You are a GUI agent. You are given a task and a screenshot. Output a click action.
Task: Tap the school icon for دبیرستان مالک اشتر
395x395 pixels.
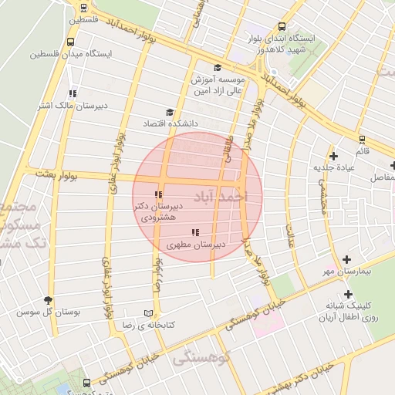(x=73, y=93)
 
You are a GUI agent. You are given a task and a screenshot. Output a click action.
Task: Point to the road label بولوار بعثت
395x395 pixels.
(x=58, y=175)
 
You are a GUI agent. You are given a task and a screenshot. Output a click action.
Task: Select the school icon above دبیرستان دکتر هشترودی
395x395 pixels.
(x=158, y=194)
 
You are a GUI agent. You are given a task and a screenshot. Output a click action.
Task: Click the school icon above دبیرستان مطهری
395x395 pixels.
(x=195, y=232)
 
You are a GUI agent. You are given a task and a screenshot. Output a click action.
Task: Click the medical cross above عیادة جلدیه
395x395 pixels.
(x=333, y=155)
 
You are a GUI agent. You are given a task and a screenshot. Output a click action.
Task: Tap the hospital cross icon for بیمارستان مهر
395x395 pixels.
(x=347, y=260)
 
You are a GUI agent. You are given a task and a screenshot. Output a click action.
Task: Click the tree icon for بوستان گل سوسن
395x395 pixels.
(x=49, y=300)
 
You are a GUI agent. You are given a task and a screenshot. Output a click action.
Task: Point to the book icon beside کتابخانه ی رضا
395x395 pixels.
(x=148, y=313)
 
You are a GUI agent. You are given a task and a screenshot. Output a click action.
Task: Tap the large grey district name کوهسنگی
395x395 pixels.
(x=201, y=356)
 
